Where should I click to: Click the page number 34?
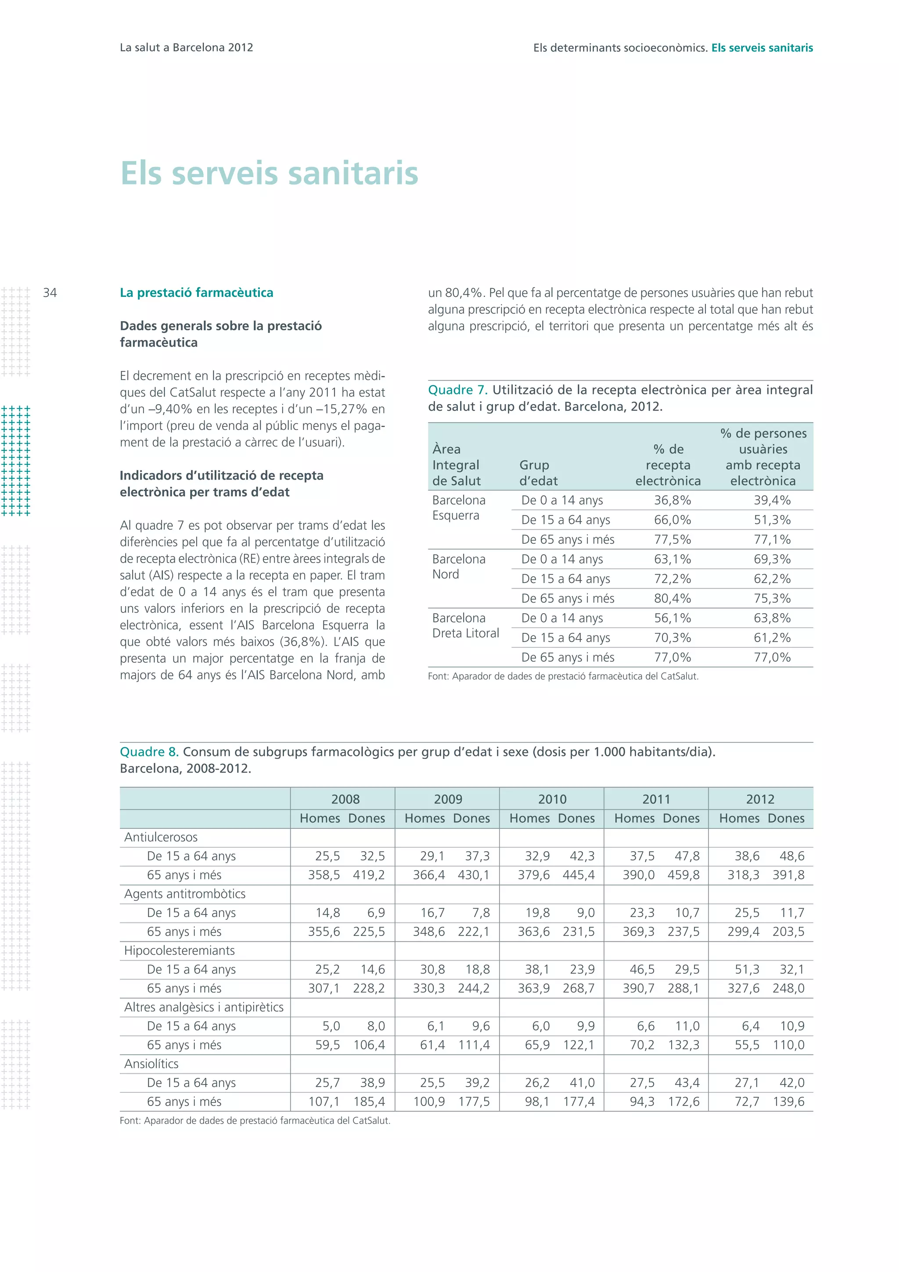(x=50, y=293)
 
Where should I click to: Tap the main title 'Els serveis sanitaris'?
(x=269, y=173)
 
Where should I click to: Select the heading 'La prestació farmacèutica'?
(x=197, y=293)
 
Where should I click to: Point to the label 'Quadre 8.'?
(x=149, y=752)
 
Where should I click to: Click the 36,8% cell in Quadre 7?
(x=672, y=500)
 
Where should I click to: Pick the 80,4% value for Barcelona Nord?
(x=672, y=598)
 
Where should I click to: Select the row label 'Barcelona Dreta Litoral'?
(x=466, y=625)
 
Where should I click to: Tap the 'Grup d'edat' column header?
(x=538, y=473)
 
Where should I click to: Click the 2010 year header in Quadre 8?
(x=552, y=799)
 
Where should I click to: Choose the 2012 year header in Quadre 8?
(x=759, y=799)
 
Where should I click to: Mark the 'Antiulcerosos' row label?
(x=161, y=837)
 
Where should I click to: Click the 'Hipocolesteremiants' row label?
(x=180, y=950)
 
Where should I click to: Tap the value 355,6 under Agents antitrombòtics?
(x=324, y=932)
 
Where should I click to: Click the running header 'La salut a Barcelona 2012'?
(x=187, y=47)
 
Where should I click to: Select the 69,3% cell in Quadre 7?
(x=772, y=559)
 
